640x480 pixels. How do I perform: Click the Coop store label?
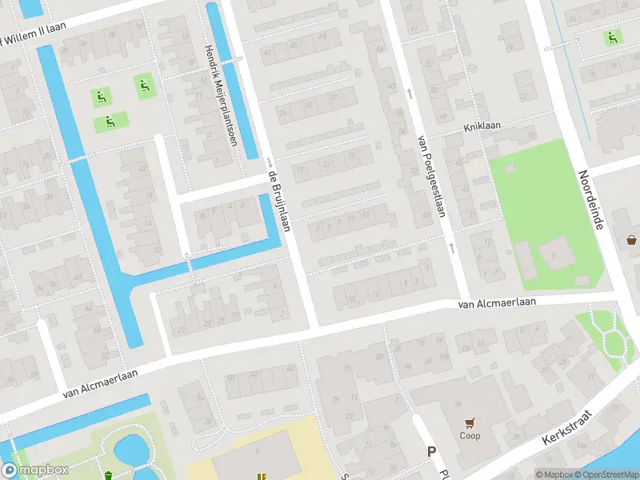469,437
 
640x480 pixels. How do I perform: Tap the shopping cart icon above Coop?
469,423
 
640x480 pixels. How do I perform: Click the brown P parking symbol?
431,452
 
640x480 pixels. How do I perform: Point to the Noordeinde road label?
592,201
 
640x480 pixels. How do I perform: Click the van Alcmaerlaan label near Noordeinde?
496,303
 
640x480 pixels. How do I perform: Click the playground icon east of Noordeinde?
613,37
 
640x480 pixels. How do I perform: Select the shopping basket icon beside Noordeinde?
632,238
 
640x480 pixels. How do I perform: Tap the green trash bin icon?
108,476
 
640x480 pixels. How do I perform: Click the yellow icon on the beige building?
261,476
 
